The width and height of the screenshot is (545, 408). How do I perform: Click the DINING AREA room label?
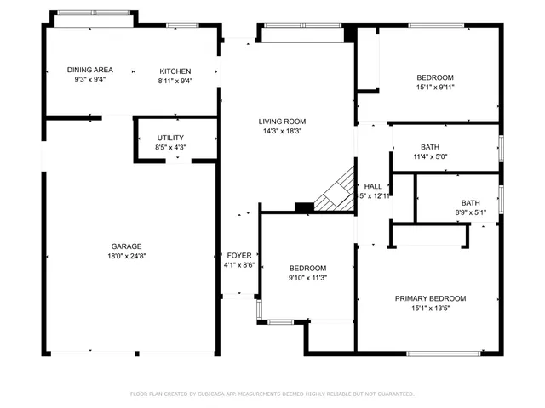[x=89, y=71]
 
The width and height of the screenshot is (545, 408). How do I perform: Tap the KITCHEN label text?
[x=175, y=71]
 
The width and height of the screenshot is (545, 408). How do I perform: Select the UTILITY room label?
[x=170, y=138]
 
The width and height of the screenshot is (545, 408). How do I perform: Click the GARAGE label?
[x=126, y=246]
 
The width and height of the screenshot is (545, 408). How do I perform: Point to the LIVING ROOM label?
[x=282, y=122]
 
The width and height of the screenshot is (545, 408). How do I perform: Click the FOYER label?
[x=238, y=255]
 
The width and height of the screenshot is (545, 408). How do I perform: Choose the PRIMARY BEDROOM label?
[x=430, y=298]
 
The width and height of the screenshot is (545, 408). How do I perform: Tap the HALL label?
[x=373, y=186]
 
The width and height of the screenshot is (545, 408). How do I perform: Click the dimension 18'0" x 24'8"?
[x=126, y=256]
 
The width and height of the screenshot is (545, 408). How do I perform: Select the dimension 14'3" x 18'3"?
[x=282, y=132]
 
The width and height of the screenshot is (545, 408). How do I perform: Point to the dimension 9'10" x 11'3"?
[x=307, y=276]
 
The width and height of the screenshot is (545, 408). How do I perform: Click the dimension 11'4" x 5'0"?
[x=430, y=156]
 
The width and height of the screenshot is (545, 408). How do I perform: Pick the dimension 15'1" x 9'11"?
[x=435, y=87]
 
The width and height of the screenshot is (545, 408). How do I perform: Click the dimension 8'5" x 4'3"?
[x=170, y=148]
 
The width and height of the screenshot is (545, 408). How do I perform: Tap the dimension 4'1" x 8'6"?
[x=238, y=265]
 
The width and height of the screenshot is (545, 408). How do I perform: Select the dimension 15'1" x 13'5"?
[x=430, y=309]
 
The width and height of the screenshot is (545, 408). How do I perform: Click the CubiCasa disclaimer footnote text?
[x=272, y=394]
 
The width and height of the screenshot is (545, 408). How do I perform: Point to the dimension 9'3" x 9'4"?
[x=89, y=81]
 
